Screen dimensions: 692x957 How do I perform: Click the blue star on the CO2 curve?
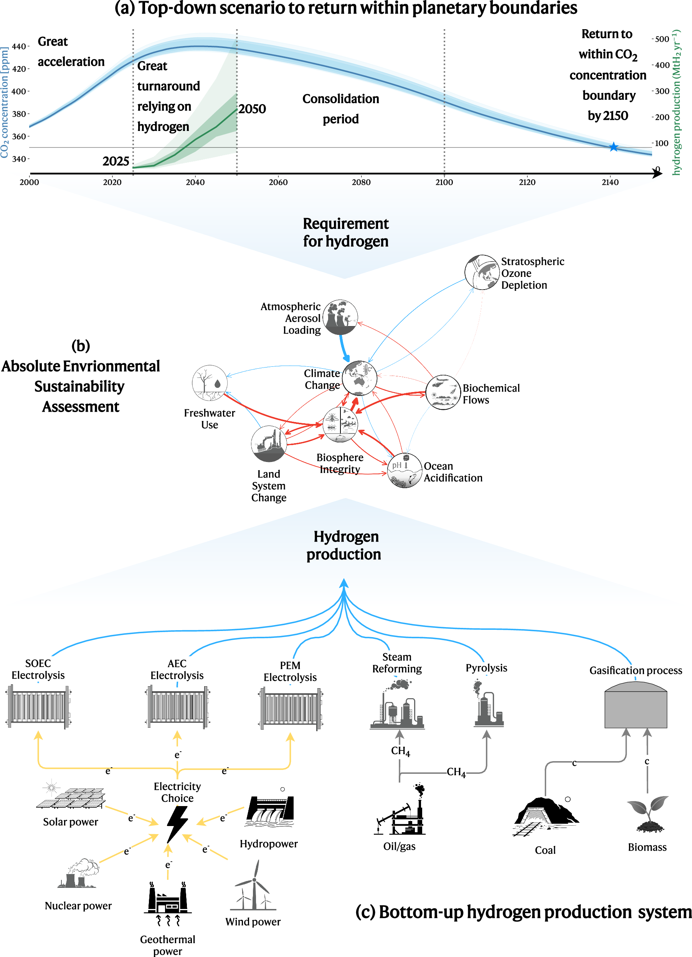coord(614,147)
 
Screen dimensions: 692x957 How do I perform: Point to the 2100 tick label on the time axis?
coord(444,182)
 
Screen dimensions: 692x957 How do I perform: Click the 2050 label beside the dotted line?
coord(252,109)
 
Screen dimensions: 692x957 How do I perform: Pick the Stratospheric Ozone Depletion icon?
coord(482,272)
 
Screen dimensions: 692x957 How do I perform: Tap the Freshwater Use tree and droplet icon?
coord(210,383)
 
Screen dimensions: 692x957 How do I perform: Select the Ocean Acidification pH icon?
coord(405,470)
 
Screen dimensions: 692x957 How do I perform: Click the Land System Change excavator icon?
coord(269,444)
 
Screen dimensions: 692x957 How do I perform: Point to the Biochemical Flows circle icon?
coord(443,392)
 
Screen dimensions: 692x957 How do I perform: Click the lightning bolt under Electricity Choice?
coord(177,824)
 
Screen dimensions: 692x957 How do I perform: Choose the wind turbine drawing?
coord(253,886)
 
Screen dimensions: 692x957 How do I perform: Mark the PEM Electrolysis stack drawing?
coord(291,709)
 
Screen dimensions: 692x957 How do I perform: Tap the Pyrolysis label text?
coord(486,668)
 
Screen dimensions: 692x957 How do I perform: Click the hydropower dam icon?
coord(270,811)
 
